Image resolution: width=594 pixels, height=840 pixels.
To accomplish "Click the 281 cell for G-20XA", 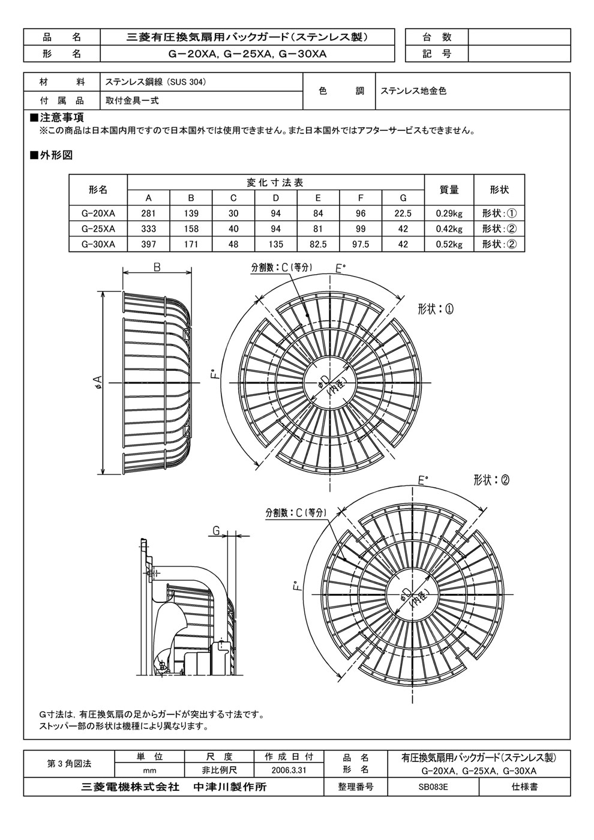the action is point(149,214).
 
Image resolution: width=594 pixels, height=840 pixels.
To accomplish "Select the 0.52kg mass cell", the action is point(449,245).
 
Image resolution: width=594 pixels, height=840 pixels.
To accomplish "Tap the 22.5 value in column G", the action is point(403,214).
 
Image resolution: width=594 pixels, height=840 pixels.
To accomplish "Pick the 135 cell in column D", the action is point(275,245).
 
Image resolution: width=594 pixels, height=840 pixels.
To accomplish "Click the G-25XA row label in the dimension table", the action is point(98,229).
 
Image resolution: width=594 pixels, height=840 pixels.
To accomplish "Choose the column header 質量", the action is point(449,190).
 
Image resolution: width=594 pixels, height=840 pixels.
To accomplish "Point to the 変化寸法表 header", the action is point(275,182).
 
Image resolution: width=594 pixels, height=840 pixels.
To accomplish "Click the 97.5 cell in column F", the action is point(361,245).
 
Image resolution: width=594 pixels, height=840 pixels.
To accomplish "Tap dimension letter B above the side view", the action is point(157,268).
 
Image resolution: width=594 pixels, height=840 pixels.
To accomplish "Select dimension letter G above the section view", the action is point(217,530).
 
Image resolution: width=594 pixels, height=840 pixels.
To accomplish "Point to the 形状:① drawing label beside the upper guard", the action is point(436,310).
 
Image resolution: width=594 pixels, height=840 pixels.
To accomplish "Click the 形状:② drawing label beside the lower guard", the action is point(491,480).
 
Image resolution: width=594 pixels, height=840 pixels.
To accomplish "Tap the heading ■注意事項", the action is point(56,118).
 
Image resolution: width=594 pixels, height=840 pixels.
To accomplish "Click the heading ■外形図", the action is point(52,155).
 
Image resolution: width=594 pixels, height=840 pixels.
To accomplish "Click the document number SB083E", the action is point(433,787).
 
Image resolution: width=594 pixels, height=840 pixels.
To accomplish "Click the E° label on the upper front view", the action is point(340,269).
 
